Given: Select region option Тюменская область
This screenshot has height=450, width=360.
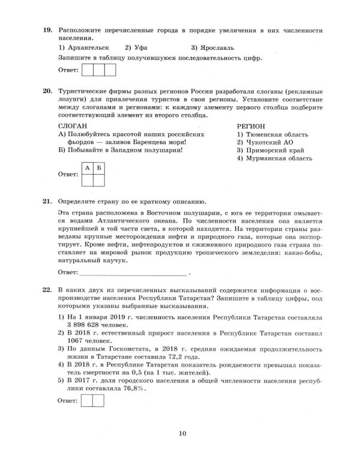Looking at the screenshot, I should click(x=274, y=136).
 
